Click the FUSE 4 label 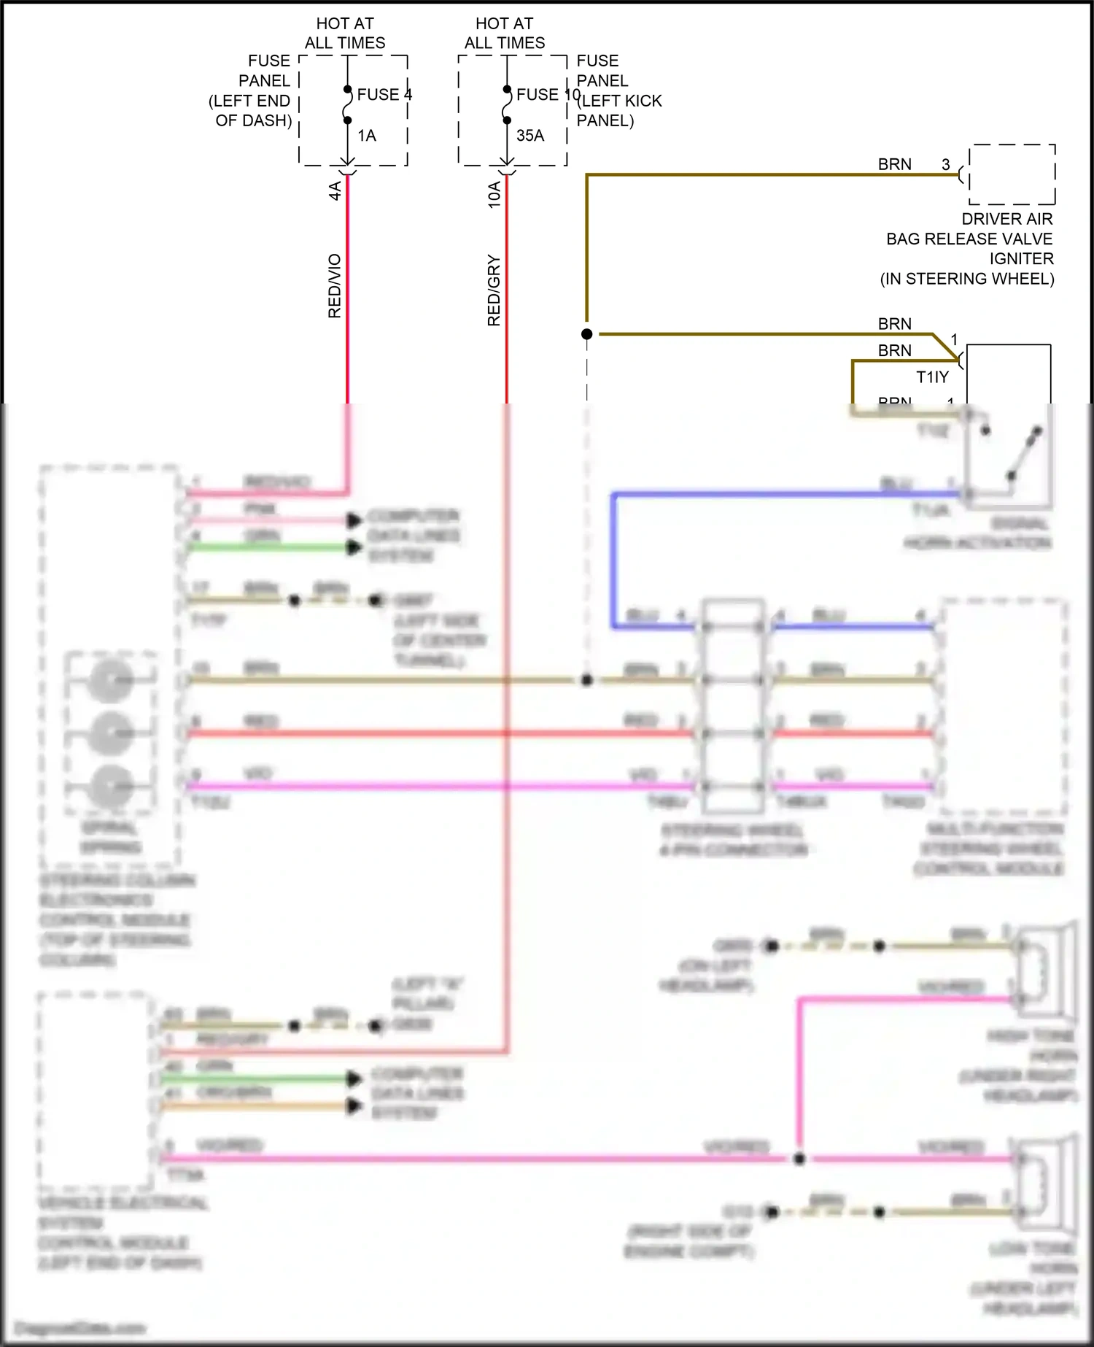point(384,95)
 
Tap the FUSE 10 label point(547,95)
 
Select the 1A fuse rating point(367,136)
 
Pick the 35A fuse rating point(530,136)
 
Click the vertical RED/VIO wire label point(335,286)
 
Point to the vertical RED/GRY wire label point(494,290)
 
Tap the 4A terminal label point(335,191)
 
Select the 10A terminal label point(494,195)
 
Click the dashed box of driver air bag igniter point(1012,174)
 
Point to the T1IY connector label point(932,377)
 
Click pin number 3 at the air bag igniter point(946,165)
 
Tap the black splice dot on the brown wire point(587,334)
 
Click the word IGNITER point(1021,259)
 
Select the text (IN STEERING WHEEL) point(967,279)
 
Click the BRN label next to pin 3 point(894,165)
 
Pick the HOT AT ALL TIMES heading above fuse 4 point(345,34)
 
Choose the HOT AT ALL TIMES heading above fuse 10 point(505,34)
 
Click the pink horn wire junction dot point(799,1159)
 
